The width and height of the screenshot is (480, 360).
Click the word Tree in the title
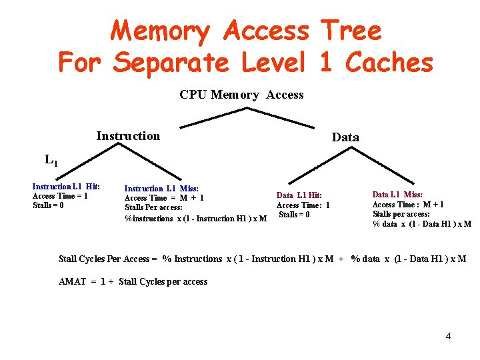point(351,31)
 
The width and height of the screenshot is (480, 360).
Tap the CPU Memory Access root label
point(241,95)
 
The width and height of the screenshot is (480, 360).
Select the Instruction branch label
point(128,136)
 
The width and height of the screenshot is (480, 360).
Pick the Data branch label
point(345,137)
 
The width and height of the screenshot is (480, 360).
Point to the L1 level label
point(51,160)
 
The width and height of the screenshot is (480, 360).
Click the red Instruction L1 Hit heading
point(66,187)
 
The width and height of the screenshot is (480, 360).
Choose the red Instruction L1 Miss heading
point(161,189)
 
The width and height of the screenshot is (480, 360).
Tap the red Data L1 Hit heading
point(299,195)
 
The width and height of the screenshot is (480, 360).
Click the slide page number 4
point(448,336)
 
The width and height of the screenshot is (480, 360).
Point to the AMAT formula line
point(133,282)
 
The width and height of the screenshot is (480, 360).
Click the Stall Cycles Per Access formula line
point(263,259)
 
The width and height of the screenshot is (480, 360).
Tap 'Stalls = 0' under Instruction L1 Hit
point(49,205)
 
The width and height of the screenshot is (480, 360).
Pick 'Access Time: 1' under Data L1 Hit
point(303,205)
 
